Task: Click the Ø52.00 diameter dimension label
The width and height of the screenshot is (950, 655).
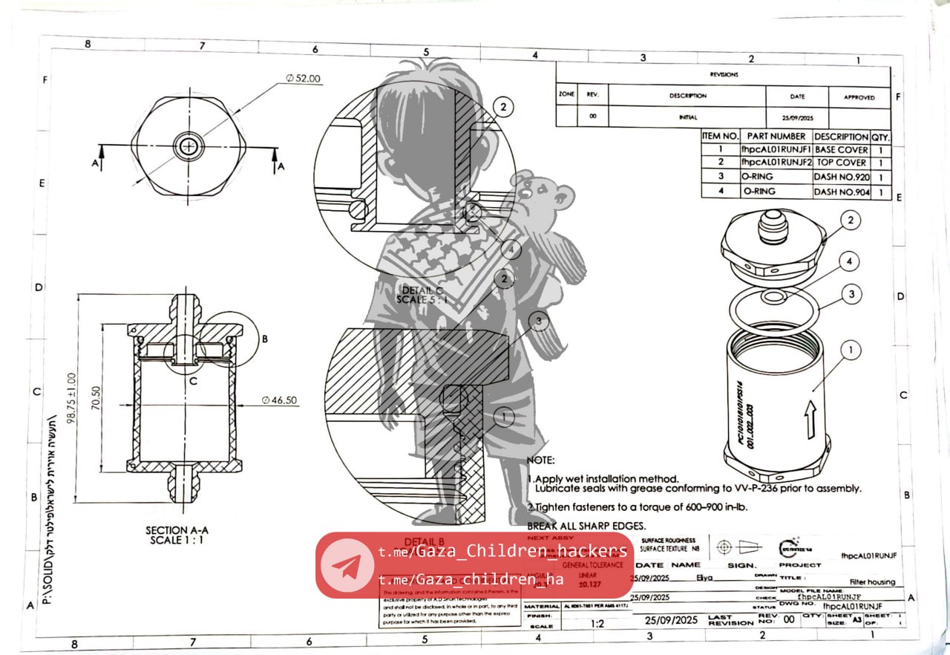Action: (x=303, y=79)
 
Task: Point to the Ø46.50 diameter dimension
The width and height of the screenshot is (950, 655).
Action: (x=280, y=400)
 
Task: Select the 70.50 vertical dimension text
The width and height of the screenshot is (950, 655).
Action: (x=96, y=398)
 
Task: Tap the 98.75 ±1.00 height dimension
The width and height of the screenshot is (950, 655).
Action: (x=72, y=397)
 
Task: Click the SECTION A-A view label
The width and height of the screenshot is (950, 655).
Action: (x=177, y=530)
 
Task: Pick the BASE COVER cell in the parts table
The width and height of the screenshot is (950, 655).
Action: (x=841, y=149)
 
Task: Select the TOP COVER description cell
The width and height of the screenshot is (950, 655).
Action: (x=841, y=163)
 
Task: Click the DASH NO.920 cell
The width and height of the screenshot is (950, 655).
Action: (x=841, y=177)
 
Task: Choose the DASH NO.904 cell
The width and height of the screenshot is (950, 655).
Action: (x=841, y=192)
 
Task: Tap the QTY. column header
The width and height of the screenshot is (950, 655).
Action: (x=880, y=137)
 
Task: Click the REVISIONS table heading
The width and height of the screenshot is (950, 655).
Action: (x=724, y=74)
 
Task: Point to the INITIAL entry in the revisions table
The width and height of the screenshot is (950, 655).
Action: (x=687, y=117)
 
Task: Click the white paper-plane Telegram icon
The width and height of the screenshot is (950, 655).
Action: (x=347, y=566)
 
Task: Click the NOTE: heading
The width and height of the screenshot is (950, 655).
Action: (x=540, y=461)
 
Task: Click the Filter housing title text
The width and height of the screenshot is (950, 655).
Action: (x=872, y=582)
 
